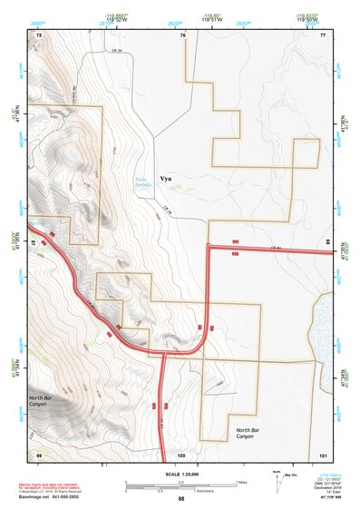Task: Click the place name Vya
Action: (165, 179)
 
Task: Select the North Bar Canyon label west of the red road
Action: (38, 400)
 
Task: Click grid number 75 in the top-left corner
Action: (38, 34)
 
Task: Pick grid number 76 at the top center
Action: (182, 34)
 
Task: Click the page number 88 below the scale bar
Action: (181, 499)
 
